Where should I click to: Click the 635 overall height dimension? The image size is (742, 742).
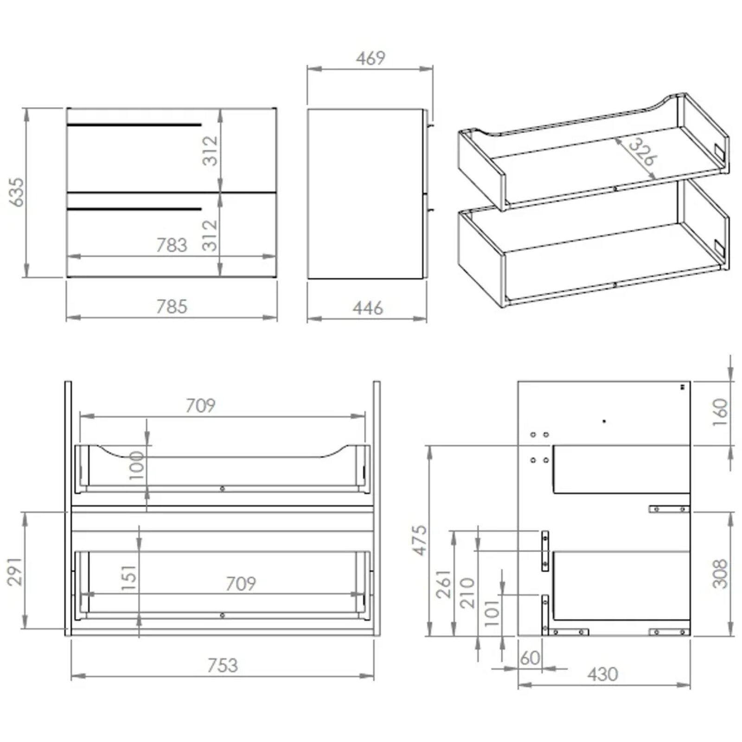pos(16,192)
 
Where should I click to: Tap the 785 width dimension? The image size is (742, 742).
pos(172,307)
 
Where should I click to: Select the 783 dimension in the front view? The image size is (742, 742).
pos(171,245)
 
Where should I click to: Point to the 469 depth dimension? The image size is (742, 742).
pos(371,58)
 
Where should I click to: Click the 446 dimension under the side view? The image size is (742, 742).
pos(368,308)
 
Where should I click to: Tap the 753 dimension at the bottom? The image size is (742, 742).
pos(223,665)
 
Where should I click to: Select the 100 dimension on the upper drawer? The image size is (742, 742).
pos(137,465)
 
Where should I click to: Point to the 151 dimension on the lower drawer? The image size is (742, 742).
pos(129,577)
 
